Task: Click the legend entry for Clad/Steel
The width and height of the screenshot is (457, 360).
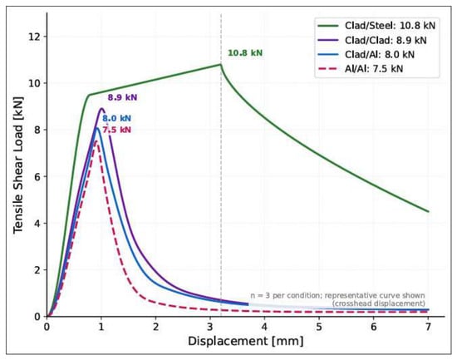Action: pyautogui.click(x=376, y=26)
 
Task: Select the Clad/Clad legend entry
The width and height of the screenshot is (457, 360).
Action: pyautogui.click(x=372, y=40)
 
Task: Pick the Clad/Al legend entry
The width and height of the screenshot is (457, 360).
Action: pyautogui.click(x=366, y=55)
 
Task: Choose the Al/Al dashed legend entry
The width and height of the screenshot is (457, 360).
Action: pyautogui.click(x=361, y=69)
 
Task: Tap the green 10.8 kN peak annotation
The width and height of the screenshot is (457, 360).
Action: pyautogui.click(x=245, y=53)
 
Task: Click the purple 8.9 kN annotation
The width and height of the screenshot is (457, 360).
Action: pyautogui.click(x=122, y=97)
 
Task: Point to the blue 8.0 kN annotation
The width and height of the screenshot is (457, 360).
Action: pyautogui.click(x=116, y=118)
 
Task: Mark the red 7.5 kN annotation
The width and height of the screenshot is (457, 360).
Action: pyautogui.click(x=116, y=130)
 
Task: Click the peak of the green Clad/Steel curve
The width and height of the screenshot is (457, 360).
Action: pyautogui.click(x=221, y=64)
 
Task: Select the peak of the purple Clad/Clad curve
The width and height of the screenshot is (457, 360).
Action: pyautogui.click(x=101, y=109)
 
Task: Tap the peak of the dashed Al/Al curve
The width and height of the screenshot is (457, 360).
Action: pyautogui.click(x=96, y=141)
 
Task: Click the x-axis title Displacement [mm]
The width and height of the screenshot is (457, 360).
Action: pyautogui.click(x=245, y=341)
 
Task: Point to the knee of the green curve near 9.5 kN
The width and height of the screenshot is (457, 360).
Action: pyautogui.click(x=89, y=95)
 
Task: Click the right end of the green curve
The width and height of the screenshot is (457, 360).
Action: pyautogui.click(x=428, y=211)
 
